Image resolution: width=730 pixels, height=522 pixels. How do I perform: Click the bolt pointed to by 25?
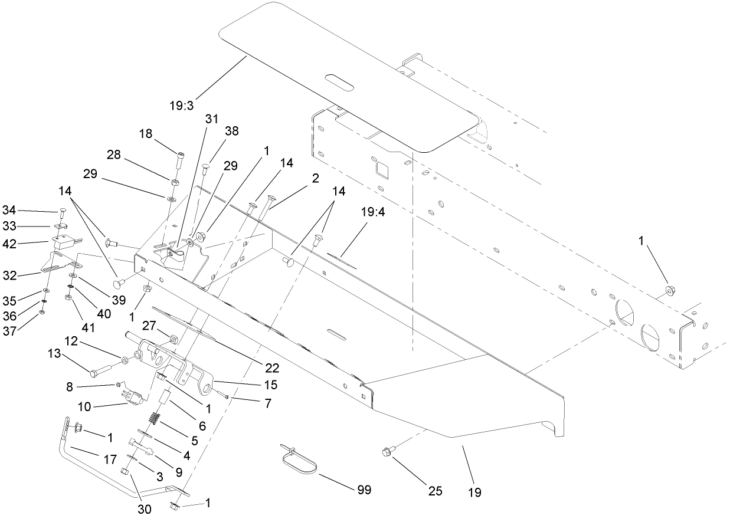(x=385, y=452)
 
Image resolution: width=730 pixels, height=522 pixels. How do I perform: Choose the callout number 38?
(x=232, y=132)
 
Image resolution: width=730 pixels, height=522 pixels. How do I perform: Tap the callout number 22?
(x=271, y=369)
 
